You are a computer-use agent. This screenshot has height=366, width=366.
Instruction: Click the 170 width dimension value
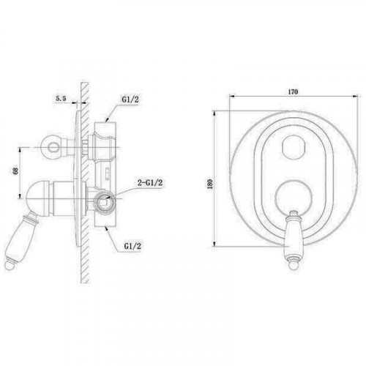[293, 91]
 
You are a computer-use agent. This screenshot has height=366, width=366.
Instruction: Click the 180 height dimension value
[209, 184]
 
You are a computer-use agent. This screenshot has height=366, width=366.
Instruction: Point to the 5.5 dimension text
[61, 99]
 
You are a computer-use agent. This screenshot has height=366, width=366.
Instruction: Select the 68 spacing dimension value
[15, 171]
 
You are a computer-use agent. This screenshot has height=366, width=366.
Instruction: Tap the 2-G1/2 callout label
[150, 183]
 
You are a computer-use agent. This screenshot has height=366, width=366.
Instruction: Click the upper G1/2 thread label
[130, 100]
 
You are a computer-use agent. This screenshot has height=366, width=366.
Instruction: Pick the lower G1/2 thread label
[132, 246]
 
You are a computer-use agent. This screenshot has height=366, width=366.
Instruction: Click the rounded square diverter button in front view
[294, 147]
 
